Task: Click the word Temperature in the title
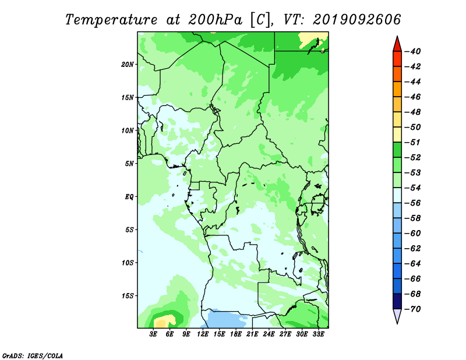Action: pos(111,20)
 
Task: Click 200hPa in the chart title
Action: pos(215,20)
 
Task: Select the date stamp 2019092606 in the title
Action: pos(356,20)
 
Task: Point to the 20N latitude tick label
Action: pos(128,65)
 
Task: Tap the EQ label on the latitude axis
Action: pos(129,197)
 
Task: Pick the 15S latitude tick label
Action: pos(128,296)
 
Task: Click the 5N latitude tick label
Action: pos(129,164)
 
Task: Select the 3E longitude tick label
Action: pos(153,334)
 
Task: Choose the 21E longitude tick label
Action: pos(252,334)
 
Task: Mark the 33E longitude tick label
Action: pos(318,334)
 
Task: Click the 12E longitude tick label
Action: pos(203,334)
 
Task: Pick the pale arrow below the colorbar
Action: pos(397,315)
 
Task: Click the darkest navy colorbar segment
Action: pos(397,301)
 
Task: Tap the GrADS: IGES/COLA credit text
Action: pos(33,355)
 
